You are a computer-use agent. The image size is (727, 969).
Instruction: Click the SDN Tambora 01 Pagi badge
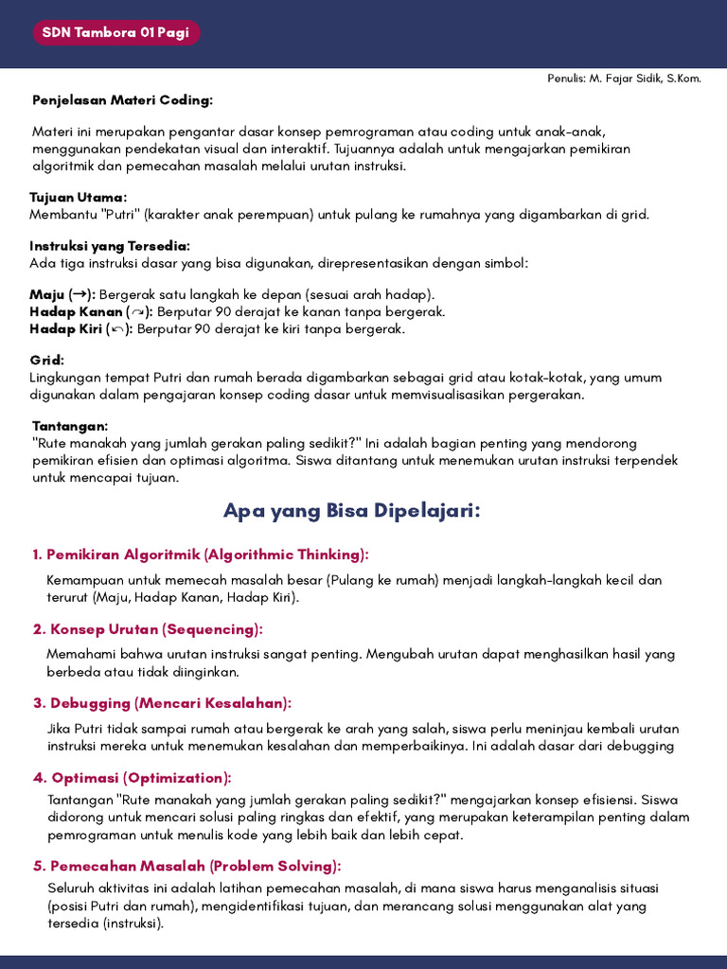[x=116, y=33]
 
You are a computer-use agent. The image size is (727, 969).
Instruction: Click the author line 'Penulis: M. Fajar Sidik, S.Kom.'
[x=624, y=79]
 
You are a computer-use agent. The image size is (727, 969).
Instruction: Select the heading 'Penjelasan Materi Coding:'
[x=123, y=99]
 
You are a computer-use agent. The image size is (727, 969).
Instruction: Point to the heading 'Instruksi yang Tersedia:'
[x=110, y=245]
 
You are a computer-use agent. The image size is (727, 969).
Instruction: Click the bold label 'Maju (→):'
[x=62, y=294]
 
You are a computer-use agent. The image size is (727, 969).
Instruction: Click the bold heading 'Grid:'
[x=47, y=360]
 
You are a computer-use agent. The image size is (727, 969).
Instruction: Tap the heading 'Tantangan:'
[x=70, y=426]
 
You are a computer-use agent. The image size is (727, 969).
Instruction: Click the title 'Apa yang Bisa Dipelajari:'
[x=352, y=511]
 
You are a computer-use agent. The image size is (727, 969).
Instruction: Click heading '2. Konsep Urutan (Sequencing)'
[x=147, y=629]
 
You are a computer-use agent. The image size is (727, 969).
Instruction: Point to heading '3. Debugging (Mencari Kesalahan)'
[x=161, y=703]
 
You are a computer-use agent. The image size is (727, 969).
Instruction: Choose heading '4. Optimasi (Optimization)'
[x=132, y=778]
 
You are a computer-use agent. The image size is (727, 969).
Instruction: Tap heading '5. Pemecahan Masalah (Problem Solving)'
[x=186, y=866]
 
